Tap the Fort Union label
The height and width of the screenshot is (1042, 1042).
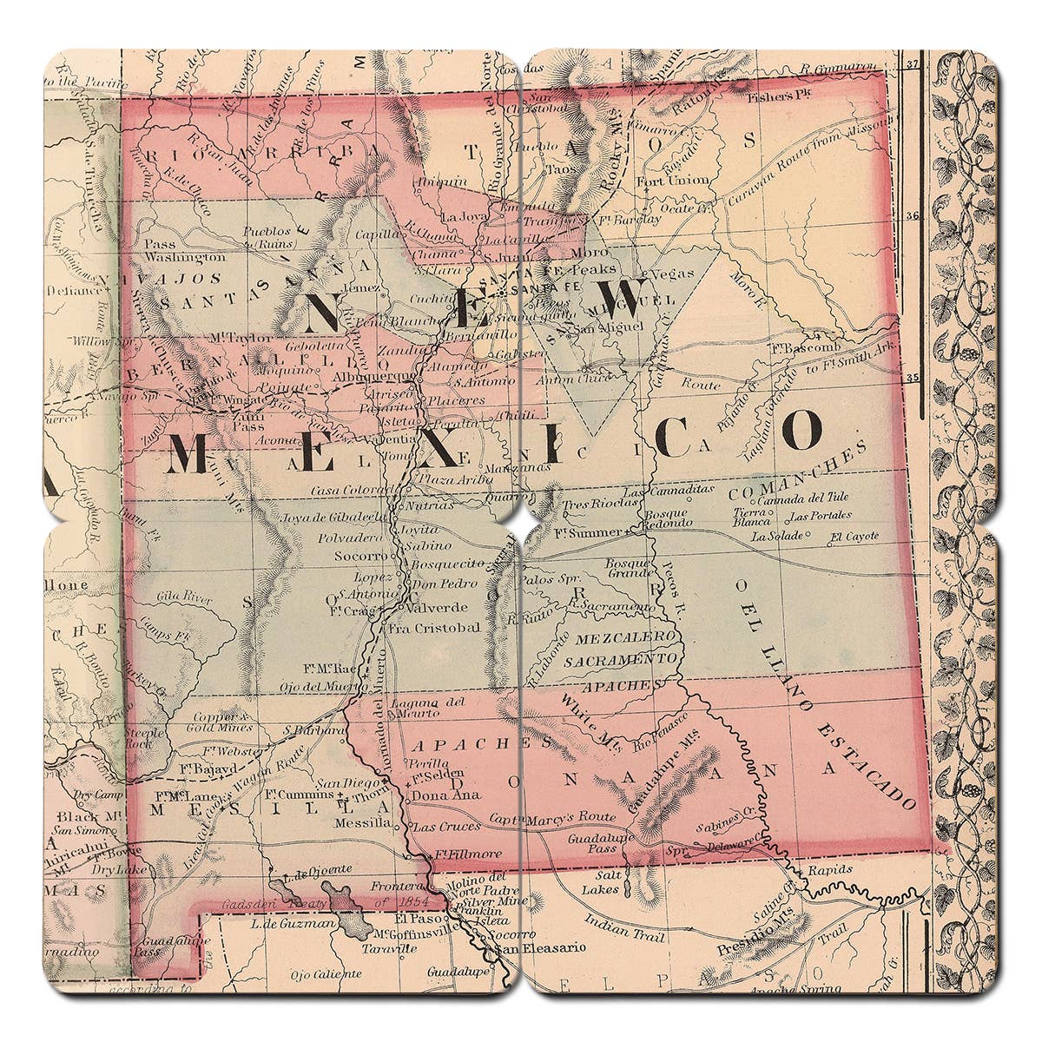coord(685,181)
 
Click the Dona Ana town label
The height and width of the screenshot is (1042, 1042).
coord(434,795)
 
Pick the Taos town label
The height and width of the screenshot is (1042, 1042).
coord(563,171)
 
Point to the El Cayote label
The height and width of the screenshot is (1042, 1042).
coord(854,536)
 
